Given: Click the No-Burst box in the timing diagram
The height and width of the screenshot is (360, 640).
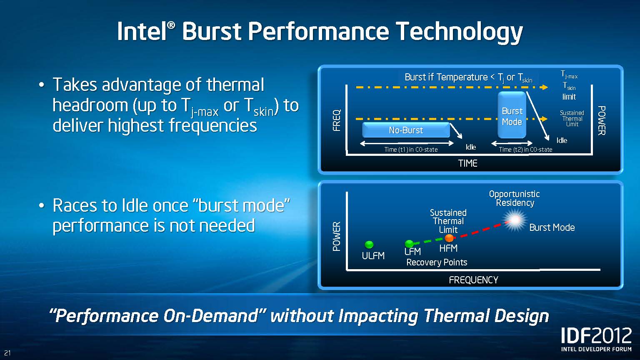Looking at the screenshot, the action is pyautogui.click(x=406, y=130).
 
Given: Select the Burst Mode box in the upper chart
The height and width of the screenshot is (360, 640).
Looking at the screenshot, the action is pyautogui.click(x=512, y=115).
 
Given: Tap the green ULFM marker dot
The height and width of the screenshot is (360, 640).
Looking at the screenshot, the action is pyautogui.click(x=369, y=245).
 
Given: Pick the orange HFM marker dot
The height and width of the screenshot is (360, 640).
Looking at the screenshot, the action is pyautogui.click(x=449, y=238).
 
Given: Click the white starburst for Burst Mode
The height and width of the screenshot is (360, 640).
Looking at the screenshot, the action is pyautogui.click(x=515, y=220).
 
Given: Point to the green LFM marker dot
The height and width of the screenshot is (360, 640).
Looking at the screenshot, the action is pyautogui.click(x=409, y=244).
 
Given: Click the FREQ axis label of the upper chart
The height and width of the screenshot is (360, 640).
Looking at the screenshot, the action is pyautogui.click(x=337, y=120).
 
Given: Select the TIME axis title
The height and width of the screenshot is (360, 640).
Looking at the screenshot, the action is pyautogui.click(x=468, y=163).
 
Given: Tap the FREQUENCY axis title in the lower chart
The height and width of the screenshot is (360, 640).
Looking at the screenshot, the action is pyautogui.click(x=473, y=280).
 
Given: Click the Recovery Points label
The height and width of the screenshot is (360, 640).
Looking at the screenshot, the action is pyautogui.click(x=437, y=262).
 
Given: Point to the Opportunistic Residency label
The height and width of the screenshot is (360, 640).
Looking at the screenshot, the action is pyautogui.click(x=515, y=198).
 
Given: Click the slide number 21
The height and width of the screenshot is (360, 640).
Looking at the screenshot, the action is pyautogui.click(x=7, y=353).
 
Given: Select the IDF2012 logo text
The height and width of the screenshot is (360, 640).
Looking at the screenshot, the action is pyautogui.click(x=596, y=335).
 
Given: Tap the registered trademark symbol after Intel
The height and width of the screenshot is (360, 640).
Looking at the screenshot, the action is pyautogui.click(x=170, y=25).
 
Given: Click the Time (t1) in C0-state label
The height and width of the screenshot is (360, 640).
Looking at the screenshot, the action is pyautogui.click(x=411, y=150).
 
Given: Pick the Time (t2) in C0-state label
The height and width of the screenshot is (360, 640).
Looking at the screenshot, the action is pyautogui.click(x=525, y=150).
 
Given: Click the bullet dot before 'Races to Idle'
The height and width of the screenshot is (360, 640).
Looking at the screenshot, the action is pyautogui.click(x=42, y=205).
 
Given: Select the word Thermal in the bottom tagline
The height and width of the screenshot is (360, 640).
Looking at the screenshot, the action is pyautogui.click(x=455, y=316).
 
